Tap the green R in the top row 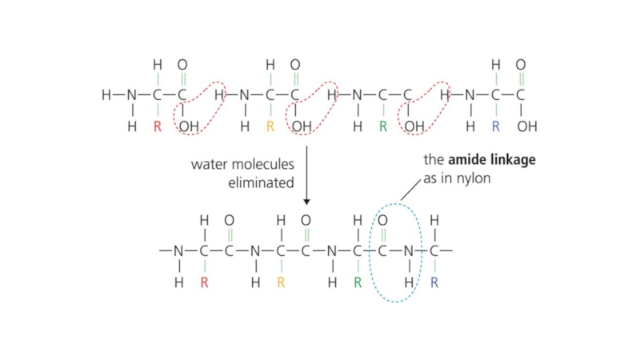coord(382,126)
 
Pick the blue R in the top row coord(496,126)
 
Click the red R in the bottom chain coord(204,282)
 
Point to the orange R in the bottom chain coord(281,282)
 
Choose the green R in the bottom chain coord(358,282)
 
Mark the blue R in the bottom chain coord(434,282)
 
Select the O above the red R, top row coord(182,65)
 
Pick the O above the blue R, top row coord(521,65)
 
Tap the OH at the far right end coord(527,126)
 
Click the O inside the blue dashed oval coord(382,220)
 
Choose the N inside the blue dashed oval coord(409,250)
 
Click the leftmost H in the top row coord(106,95)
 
